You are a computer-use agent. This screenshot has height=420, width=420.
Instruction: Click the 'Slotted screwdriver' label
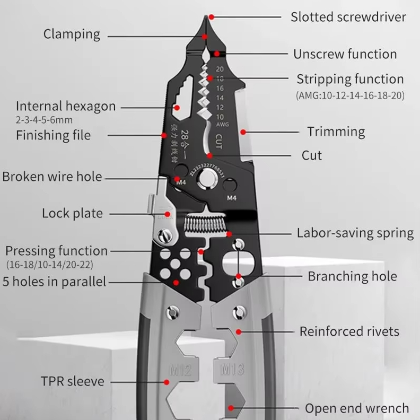coord(348,17)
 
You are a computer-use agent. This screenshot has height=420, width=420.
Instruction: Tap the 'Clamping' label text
coord(72,34)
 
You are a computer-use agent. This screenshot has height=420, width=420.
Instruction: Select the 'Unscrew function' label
coord(345,54)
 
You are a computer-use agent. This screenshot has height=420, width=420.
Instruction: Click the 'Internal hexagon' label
coord(65,106)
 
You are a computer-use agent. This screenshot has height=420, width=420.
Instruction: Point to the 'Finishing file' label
coord(53,135)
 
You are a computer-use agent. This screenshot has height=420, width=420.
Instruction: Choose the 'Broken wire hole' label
coord(52,177)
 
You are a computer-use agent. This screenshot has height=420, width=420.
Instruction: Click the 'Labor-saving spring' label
coord(355,233)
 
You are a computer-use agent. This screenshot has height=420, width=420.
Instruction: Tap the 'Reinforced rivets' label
coord(349,332)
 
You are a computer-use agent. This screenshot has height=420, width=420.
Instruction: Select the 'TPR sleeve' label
coord(73,381)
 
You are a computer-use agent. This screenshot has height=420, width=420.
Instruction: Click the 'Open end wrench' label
coord(357,408)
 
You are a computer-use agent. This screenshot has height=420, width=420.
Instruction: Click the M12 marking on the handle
coord(181,370)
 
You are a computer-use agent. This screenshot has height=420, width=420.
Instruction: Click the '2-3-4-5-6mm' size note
coord(44,120)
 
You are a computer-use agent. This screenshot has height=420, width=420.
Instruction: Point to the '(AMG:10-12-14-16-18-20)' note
coord(350,96)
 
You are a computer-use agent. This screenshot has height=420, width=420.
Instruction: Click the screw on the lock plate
coord(167,232)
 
